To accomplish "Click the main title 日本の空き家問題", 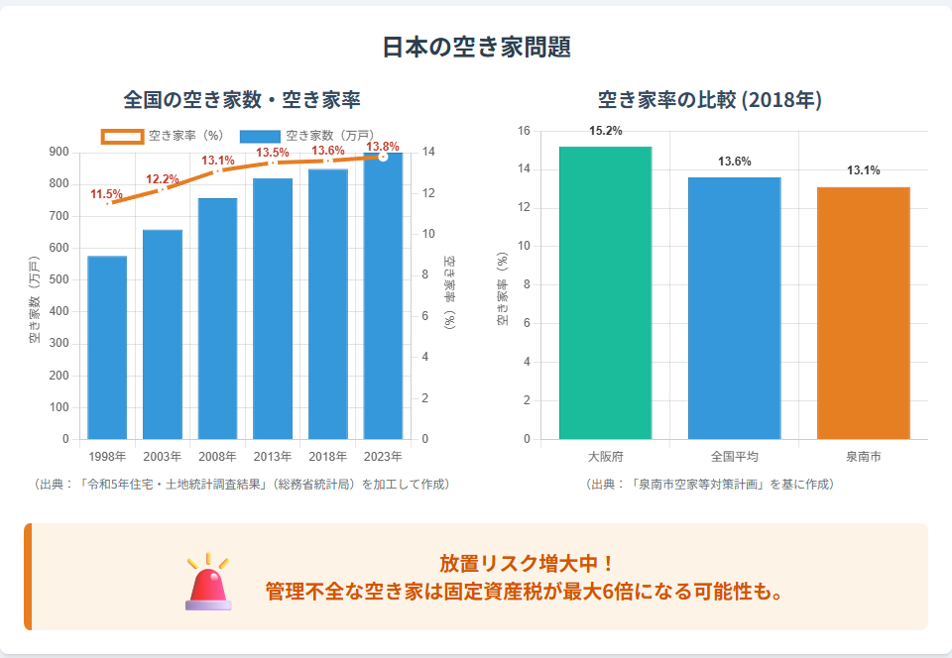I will click(476, 47).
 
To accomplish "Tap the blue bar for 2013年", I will click(273, 308).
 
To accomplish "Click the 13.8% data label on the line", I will click(383, 147).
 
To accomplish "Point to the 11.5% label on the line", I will click(106, 194).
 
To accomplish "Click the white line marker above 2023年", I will click(383, 157).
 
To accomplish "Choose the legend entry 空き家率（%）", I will click(164, 135).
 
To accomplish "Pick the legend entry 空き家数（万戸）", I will click(306, 135).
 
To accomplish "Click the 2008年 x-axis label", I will click(217, 457).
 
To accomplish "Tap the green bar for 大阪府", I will click(605, 292).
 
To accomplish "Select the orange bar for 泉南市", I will click(863, 312).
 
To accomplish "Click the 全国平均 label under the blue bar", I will click(734, 457).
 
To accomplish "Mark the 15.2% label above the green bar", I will click(605, 131).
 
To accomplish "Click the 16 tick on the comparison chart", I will click(524, 131).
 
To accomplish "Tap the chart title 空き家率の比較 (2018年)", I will click(710, 99).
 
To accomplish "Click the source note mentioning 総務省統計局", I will click(243, 484).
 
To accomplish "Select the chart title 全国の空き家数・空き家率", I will click(241, 99).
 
